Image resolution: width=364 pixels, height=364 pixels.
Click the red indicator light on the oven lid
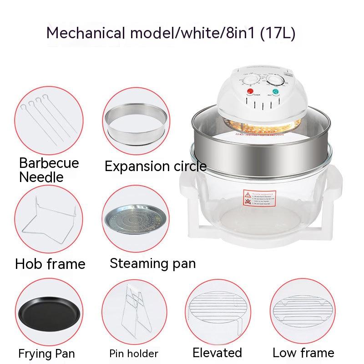[250, 92]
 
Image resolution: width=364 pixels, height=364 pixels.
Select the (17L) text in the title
[278, 33]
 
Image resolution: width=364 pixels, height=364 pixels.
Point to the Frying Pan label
[46, 354]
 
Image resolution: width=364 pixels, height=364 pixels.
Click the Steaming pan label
[152, 263]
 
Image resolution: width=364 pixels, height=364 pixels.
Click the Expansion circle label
[156, 167]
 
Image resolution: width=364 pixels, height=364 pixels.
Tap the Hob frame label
[50, 264]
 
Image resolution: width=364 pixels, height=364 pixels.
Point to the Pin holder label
[134, 354]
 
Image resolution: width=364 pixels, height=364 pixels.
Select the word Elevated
[217, 353]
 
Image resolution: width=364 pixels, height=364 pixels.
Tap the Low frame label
[303, 353]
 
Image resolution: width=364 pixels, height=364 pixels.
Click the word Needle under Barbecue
[41, 177]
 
